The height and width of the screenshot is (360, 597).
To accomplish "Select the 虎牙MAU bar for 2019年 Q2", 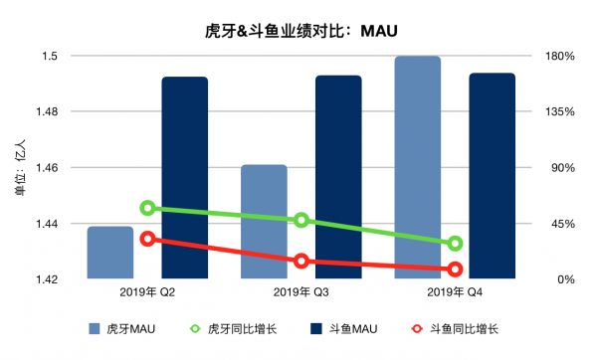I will click(109, 254).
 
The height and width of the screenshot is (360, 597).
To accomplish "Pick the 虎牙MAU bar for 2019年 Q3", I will click(264, 222).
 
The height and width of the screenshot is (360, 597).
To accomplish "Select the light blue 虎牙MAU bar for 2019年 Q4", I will click(417, 167).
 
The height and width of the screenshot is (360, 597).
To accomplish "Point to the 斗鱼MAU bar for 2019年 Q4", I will click(492, 176).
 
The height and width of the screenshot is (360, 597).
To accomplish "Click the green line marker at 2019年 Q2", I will click(147, 208).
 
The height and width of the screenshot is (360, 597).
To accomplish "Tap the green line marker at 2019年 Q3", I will click(300, 221).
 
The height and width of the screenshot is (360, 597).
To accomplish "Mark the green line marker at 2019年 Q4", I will click(455, 244).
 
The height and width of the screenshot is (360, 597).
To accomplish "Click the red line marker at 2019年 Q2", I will click(147, 239).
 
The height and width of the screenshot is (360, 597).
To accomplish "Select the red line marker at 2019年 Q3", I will click(300, 262).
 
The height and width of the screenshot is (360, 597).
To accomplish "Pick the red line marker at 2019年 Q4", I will click(455, 270).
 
